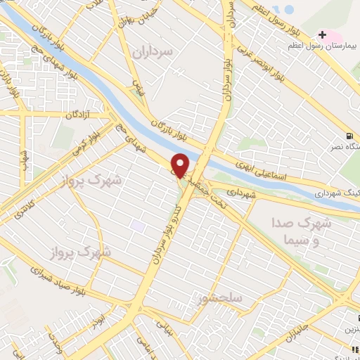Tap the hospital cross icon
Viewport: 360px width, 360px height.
tap(322, 34)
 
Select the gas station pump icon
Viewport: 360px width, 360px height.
tap(349, 136)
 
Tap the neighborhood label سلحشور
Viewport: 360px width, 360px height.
tap(220, 298)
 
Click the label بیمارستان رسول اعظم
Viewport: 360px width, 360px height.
tap(323, 46)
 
